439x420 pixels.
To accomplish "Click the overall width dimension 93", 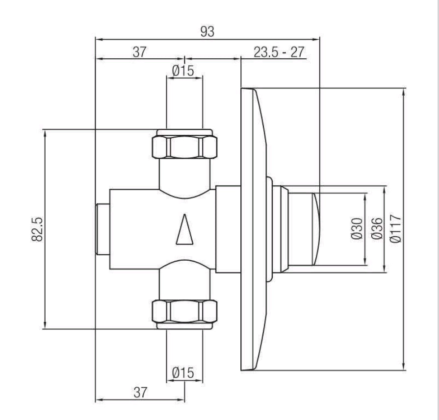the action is coord(207,32).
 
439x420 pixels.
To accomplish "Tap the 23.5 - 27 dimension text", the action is coord(279,52).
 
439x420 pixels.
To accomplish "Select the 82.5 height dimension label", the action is coord(37,229).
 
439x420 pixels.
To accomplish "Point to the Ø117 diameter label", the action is coord(396,228).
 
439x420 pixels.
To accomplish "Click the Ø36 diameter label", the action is coord(377,228).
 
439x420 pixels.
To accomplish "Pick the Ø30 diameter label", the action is coord(357,228).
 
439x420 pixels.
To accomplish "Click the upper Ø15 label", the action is coord(183,71).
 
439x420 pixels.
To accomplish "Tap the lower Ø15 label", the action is coord(183,373).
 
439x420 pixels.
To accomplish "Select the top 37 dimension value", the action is coord(139,52).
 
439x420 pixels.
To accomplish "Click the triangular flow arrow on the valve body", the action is coord(184,229).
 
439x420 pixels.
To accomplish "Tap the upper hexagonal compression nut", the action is coord(184,147).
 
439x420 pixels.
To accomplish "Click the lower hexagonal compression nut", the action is coord(184,311).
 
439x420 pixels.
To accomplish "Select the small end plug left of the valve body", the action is coord(103,229).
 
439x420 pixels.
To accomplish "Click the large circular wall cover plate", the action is coord(254,229).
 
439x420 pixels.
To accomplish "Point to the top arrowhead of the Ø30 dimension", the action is coord(365,197).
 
